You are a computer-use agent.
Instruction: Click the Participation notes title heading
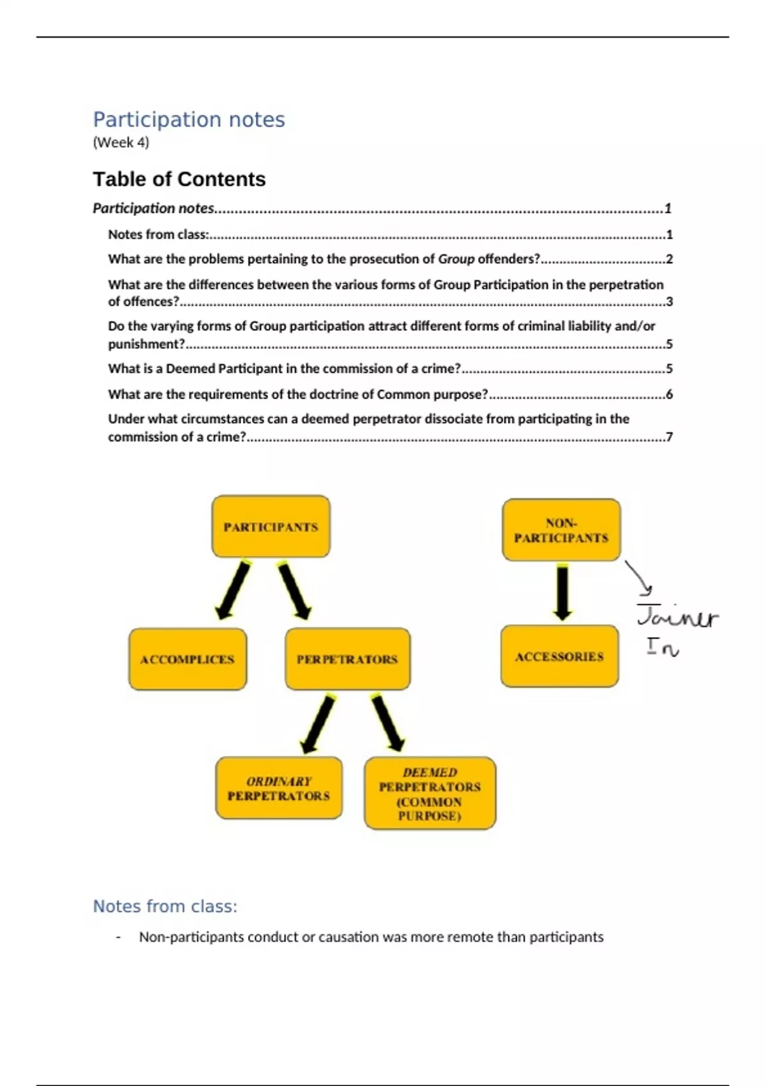(189, 119)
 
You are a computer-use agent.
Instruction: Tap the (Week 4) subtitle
(121, 142)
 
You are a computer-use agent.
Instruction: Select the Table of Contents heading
(179, 179)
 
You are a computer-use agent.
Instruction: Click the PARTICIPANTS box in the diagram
(271, 526)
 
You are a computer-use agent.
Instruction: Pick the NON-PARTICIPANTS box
(561, 530)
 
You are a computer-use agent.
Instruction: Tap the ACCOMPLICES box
(188, 659)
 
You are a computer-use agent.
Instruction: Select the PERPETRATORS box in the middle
(347, 659)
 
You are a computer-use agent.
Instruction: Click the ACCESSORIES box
(560, 657)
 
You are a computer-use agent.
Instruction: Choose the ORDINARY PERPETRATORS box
(279, 788)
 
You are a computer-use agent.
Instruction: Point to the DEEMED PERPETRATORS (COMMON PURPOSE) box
(430, 793)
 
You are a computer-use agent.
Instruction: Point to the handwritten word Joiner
(678, 617)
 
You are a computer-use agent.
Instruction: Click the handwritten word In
(663, 648)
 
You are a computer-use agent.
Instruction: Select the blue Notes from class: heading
(165, 906)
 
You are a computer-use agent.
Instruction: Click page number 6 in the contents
(669, 395)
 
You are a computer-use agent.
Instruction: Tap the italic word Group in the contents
(456, 259)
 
